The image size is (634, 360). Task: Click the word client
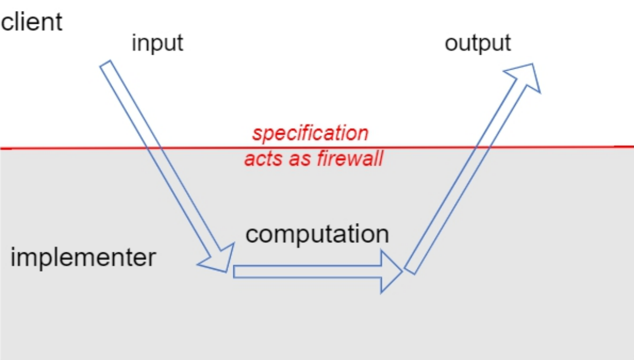(33, 23)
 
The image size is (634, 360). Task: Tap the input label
(157, 43)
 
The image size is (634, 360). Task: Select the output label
(478, 43)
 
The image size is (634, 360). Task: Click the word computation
(317, 234)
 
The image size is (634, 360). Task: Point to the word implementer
(83, 258)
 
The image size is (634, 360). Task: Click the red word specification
(310, 134)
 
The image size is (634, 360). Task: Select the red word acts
(261, 160)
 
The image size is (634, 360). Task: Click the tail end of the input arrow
(106, 65)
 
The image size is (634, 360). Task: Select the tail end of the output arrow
(410, 269)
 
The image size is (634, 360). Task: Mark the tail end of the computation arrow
(236, 272)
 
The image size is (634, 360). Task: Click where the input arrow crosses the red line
(154, 148)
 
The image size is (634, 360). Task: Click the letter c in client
(7, 24)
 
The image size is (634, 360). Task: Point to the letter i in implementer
(14, 257)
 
